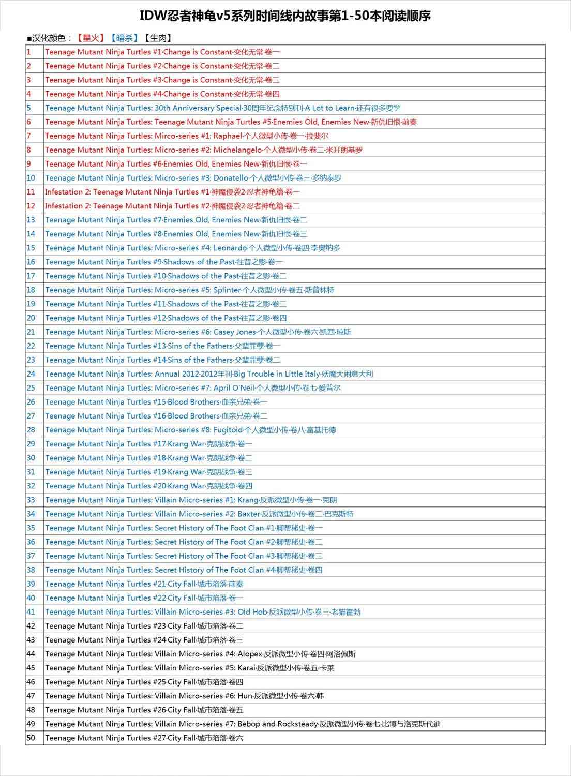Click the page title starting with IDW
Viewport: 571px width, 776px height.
coord(285,16)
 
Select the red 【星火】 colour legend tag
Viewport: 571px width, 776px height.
coord(91,38)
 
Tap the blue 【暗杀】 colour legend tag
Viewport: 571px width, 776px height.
coord(125,38)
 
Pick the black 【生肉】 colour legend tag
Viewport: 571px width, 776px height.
coord(158,38)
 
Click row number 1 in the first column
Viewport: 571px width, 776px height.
coord(29,52)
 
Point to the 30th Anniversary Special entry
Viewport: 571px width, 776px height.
coord(222,108)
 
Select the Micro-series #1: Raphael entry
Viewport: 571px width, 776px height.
coord(186,136)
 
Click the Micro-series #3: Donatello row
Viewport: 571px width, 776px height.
coord(193,178)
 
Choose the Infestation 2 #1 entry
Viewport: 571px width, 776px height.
coord(172,192)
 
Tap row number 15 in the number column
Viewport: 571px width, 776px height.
coord(31,248)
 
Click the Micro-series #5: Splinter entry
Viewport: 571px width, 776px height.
coord(189,290)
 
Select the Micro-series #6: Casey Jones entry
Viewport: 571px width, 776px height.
coord(198,332)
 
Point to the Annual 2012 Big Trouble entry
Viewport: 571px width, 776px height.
coord(208,374)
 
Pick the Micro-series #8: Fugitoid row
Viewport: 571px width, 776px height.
coord(190,430)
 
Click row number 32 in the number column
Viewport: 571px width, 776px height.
coord(31,486)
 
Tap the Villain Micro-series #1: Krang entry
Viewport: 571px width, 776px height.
coord(191,500)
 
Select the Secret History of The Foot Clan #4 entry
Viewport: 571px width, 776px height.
coord(184,570)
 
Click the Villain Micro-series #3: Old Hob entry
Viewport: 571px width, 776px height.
coord(203,612)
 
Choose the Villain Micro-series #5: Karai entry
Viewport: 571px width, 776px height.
coord(189,668)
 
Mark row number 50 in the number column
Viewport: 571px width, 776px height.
coord(31,738)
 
